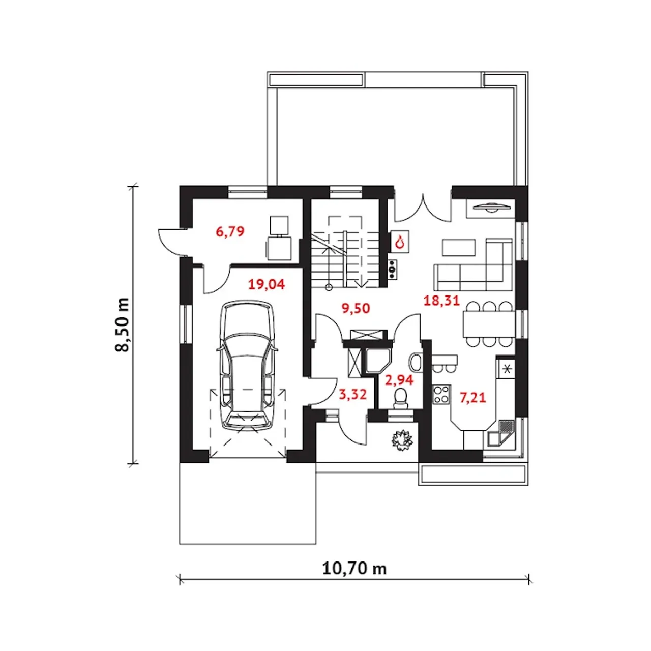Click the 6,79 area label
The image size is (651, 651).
tap(230, 232)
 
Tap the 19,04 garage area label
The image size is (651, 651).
tap(267, 284)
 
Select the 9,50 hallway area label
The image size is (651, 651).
tap(356, 308)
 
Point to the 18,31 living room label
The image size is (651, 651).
tap(441, 301)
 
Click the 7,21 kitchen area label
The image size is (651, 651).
tap(472, 398)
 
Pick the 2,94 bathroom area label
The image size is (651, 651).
tap(399, 380)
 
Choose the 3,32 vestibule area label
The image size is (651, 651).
tap(352, 394)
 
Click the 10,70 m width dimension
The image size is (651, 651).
tap(354, 569)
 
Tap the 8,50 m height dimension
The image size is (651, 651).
tap(122, 324)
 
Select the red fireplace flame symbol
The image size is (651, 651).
tap(400, 242)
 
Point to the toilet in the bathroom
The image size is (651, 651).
tap(401, 399)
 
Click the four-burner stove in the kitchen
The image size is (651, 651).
tap(441, 394)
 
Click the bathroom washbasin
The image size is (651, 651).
tap(416, 363)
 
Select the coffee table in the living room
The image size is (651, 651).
tap(459, 248)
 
